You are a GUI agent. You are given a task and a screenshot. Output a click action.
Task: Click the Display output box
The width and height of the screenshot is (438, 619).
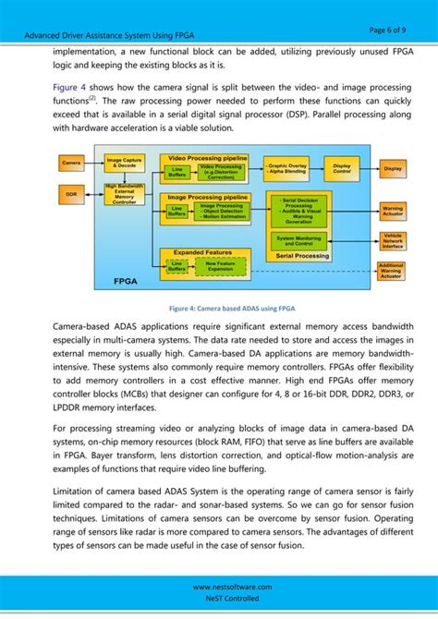tap(392, 169)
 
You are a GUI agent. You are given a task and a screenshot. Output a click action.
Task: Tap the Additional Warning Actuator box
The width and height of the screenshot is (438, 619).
tap(392, 271)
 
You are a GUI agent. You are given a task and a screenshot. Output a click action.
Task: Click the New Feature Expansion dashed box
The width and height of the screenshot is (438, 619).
tap(220, 266)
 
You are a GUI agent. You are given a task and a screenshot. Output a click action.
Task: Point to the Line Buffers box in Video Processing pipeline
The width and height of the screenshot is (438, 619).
tap(176, 172)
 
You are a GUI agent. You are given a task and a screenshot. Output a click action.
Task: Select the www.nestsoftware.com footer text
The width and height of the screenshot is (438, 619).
tap(218, 587)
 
